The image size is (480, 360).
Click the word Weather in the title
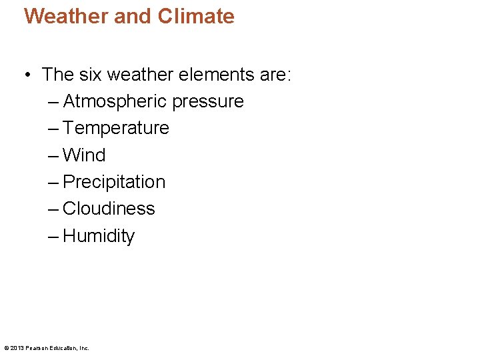[x=65, y=16]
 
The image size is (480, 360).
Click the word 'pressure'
[x=208, y=102]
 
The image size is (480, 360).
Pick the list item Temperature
[x=116, y=128]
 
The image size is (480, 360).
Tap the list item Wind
[x=84, y=155]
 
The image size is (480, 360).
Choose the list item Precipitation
[x=114, y=182]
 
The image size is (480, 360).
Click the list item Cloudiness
[x=109, y=209]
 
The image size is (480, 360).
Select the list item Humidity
[x=99, y=236]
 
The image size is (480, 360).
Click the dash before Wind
[x=53, y=155]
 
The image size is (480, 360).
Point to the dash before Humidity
[x=53, y=236]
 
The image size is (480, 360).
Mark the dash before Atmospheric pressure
[x=53, y=102]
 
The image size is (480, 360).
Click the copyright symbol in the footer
[x=7, y=348]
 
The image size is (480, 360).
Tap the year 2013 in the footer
[x=17, y=348]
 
